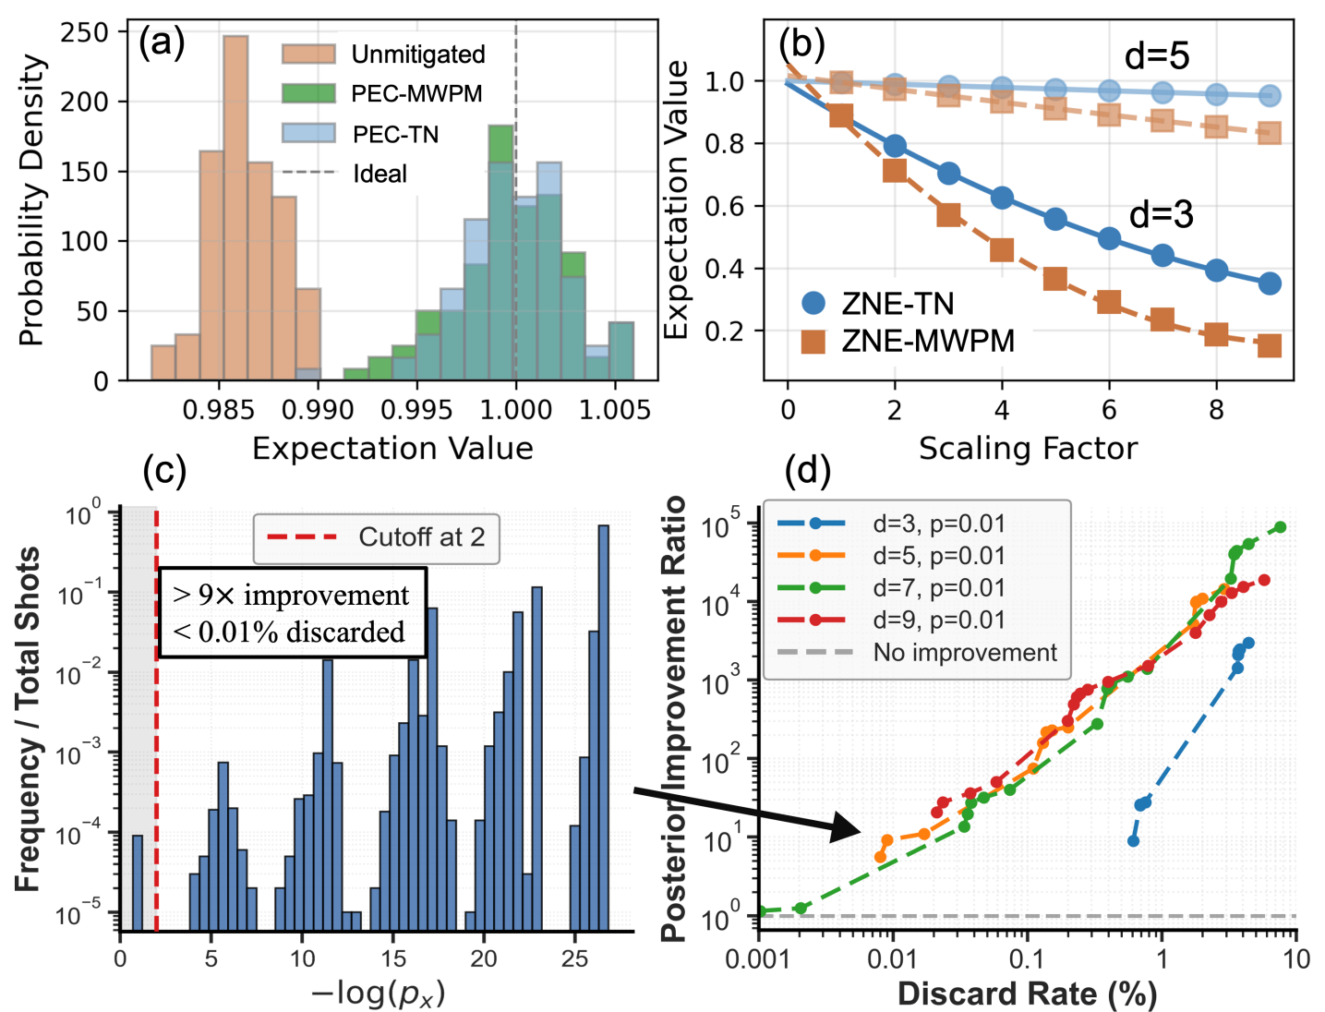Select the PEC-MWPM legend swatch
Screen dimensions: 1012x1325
click(308, 93)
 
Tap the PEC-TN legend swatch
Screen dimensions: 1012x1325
click(308, 134)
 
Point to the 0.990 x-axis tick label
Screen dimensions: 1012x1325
click(318, 409)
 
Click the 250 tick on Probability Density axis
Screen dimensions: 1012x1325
click(84, 32)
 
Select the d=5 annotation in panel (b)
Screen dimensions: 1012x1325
click(1156, 57)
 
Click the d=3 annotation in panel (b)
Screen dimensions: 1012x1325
click(1161, 215)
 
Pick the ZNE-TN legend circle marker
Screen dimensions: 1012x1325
click(813, 303)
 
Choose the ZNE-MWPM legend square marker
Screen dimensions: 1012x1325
click(813, 341)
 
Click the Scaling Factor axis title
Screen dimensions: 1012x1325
click(1028, 449)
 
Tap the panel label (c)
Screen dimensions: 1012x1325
click(164, 470)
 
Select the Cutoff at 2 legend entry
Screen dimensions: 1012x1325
click(376, 537)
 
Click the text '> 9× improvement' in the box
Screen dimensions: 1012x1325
click(292, 596)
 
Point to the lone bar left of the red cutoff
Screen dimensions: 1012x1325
click(138, 882)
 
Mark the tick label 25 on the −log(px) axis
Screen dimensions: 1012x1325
click(574, 958)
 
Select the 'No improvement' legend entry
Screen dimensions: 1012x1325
click(964, 653)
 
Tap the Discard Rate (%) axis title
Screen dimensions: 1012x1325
click(1027, 994)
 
